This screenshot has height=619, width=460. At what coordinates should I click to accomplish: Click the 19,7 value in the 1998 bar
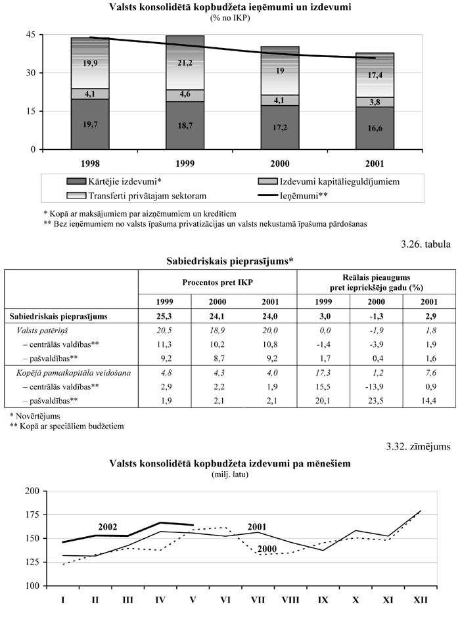click(90, 124)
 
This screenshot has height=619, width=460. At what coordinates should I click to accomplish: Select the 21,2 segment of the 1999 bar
click(185, 63)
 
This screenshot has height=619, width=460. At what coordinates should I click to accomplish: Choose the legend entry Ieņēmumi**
click(295, 195)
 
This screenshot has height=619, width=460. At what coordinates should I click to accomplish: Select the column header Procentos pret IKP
click(217, 282)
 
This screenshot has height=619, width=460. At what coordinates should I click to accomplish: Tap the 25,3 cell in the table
click(164, 317)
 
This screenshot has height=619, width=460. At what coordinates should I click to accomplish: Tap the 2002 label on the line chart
click(107, 526)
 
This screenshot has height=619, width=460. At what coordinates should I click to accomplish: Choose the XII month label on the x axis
click(420, 600)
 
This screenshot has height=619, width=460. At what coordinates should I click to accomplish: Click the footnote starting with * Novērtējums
click(35, 415)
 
